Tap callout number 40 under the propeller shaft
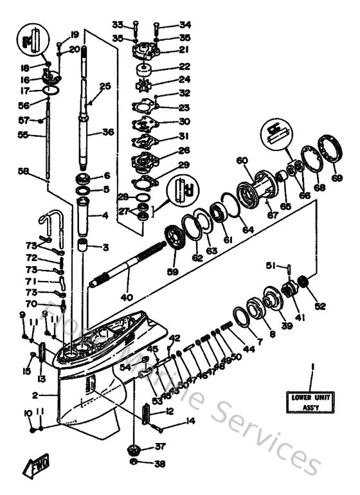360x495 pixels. coord(127,296)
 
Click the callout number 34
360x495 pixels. coord(166,24)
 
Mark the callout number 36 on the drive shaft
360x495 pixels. coord(107,132)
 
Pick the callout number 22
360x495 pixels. coord(166,67)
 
